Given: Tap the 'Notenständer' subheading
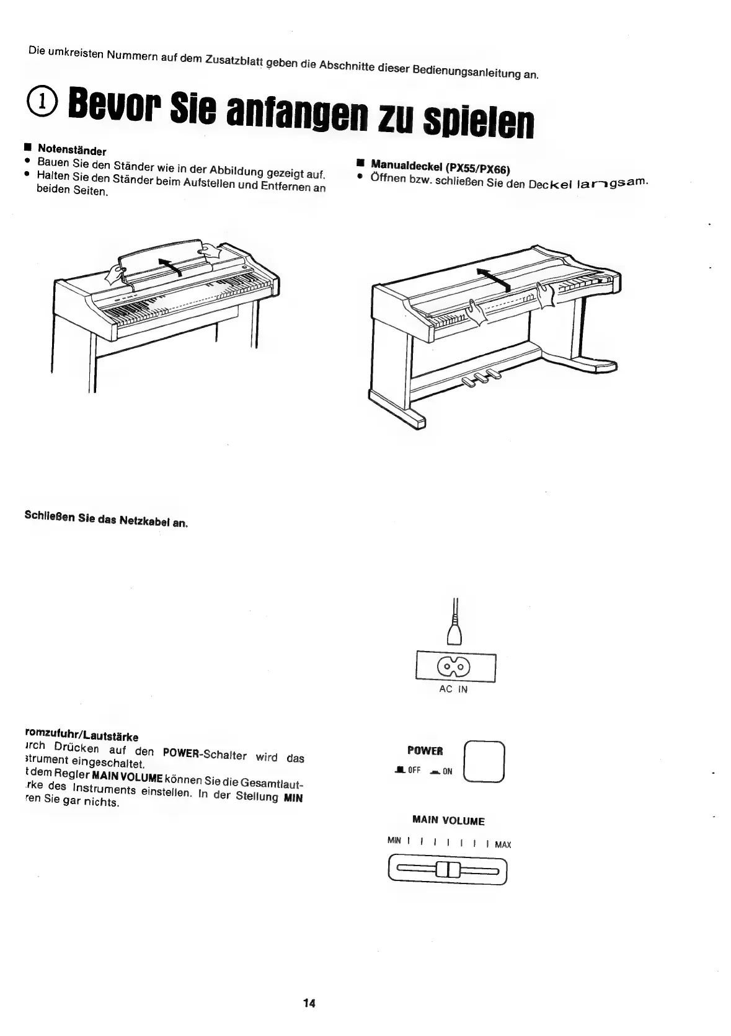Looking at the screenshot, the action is coord(72,150).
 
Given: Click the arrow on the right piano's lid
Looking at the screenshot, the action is coord(494,280).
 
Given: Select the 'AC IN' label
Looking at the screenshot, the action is coord(453,689).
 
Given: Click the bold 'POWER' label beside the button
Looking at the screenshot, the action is coord(425,751).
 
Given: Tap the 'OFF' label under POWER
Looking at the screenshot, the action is coord(414,771).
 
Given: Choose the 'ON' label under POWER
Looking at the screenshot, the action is coord(447,772).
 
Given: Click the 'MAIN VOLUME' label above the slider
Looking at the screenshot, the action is coord(448,821).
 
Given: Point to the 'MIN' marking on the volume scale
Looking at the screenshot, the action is coord(394,841).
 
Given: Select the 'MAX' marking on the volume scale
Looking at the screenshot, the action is coord(503,844).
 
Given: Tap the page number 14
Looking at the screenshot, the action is coord(309,1003).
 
